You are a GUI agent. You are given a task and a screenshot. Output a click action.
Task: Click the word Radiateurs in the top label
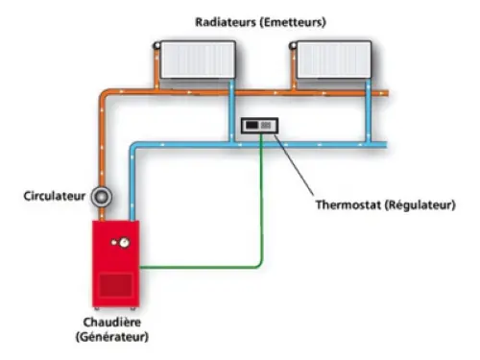click(x=224, y=19)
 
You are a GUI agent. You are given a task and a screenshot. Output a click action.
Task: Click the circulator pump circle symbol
click(x=102, y=196)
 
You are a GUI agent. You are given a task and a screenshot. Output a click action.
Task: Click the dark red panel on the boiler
click(x=117, y=285)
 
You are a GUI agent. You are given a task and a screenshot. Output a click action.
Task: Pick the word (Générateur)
click(x=110, y=338)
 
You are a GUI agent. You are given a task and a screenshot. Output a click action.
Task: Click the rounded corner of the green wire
click(x=258, y=261)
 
